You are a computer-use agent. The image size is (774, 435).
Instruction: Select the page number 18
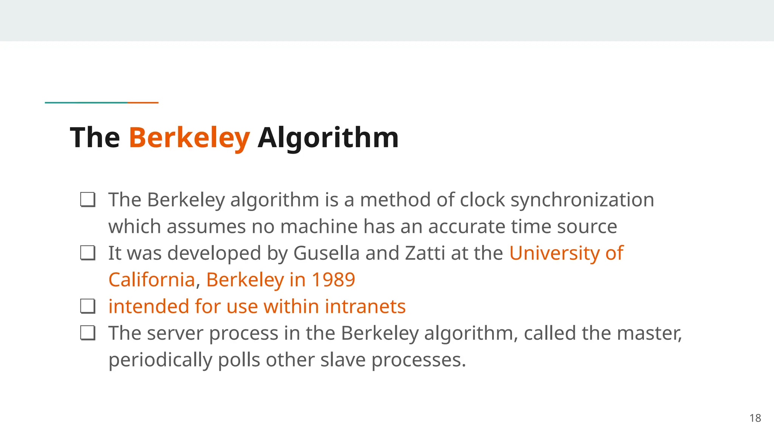[x=755, y=418]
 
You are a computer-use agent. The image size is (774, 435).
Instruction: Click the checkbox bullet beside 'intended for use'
[x=88, y=306]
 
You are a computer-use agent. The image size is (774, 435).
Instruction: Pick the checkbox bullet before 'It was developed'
[x=88, y=253]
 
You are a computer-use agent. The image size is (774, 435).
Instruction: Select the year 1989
[x=333, y=280]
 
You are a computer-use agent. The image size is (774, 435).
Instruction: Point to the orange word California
[x=152, y=280]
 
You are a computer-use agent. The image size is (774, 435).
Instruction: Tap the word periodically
[x=160, y=360]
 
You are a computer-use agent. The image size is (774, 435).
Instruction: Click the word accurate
[x=467, y=227]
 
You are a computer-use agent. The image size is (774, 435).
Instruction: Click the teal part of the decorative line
[x=86, y=102]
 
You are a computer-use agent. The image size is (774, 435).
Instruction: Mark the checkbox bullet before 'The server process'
[x=88, y=333]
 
